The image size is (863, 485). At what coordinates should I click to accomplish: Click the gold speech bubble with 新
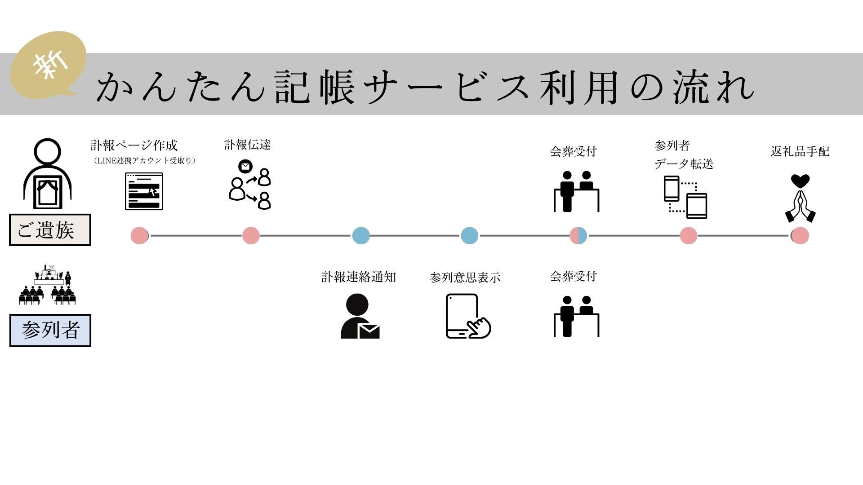pyautogui.click(x=49, y=66)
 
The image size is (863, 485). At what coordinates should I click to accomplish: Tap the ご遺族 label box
pyautogui.click(x=50, y=230)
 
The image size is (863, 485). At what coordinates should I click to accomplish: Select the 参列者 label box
pyautogui.click(x=50, y=331)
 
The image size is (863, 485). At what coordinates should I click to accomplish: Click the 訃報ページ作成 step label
pyautogui.click(x=134, y=145)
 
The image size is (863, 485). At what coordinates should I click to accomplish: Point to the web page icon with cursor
pyautogui.click(x=144, y=192)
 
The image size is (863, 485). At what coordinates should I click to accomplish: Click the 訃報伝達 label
pyautogui.click(x=247, y=145)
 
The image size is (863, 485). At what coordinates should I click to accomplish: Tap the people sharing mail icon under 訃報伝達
pyautogui.click(x=250, y=185)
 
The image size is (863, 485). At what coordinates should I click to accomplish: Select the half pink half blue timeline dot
pyautogui.click(x=578, y=235)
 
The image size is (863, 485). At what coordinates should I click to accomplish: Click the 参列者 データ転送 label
pyautogui.click(x=683, y=155)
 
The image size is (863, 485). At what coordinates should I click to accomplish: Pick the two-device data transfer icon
pyautogui.click(x=685, y=197)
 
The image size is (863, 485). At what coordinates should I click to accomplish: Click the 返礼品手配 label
pyautogui.click(x=800, y=151)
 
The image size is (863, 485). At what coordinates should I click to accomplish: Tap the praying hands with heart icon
pyautogui.click(x=800, y=198)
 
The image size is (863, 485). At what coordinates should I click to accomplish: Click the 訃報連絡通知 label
pyautogui.click(x=358, y=277)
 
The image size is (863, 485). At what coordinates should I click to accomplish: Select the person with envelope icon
pyautogui.click(x=360, y=316)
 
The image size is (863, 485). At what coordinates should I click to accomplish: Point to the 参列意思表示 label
pyautogui.click(x=465, y=278)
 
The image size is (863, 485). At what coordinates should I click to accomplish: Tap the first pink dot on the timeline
pyautogui.click(x=139, y=235)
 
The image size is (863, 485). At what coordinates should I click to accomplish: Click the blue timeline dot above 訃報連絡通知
pyautogui.click(x=361, y=235)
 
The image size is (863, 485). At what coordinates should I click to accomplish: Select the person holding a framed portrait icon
pyautogui.click(x=48, y=173)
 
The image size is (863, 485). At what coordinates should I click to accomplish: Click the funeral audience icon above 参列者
pyautogui.click(x=48, y=285)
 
